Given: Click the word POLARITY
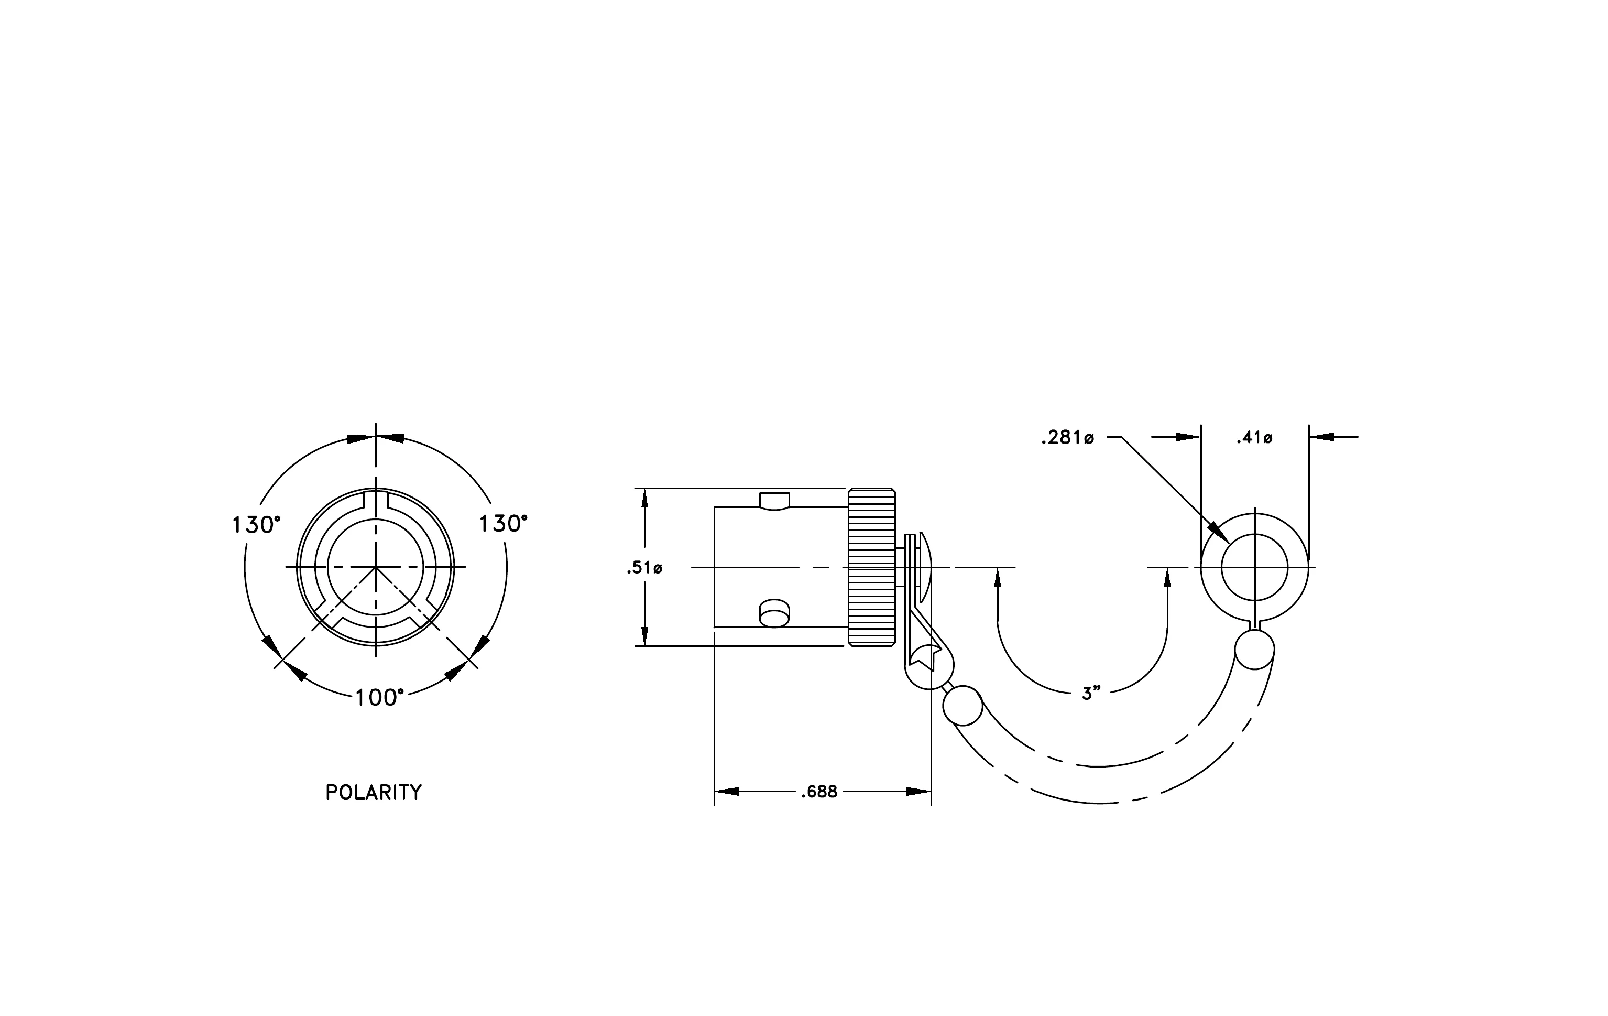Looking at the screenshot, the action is (373, 792).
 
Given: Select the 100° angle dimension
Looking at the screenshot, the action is (379, 698).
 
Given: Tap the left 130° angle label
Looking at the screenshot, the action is (256, 524).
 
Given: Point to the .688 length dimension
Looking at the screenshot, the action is (819, 792).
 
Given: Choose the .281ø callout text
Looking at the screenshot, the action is (1067, 438).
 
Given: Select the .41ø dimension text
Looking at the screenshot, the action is (1254, 438).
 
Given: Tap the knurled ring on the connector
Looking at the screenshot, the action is (871, 567).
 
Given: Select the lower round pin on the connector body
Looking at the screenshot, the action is (774, 612).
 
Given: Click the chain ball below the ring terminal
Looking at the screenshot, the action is (1255, 649).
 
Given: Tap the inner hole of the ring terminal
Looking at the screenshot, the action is (1255, 567).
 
